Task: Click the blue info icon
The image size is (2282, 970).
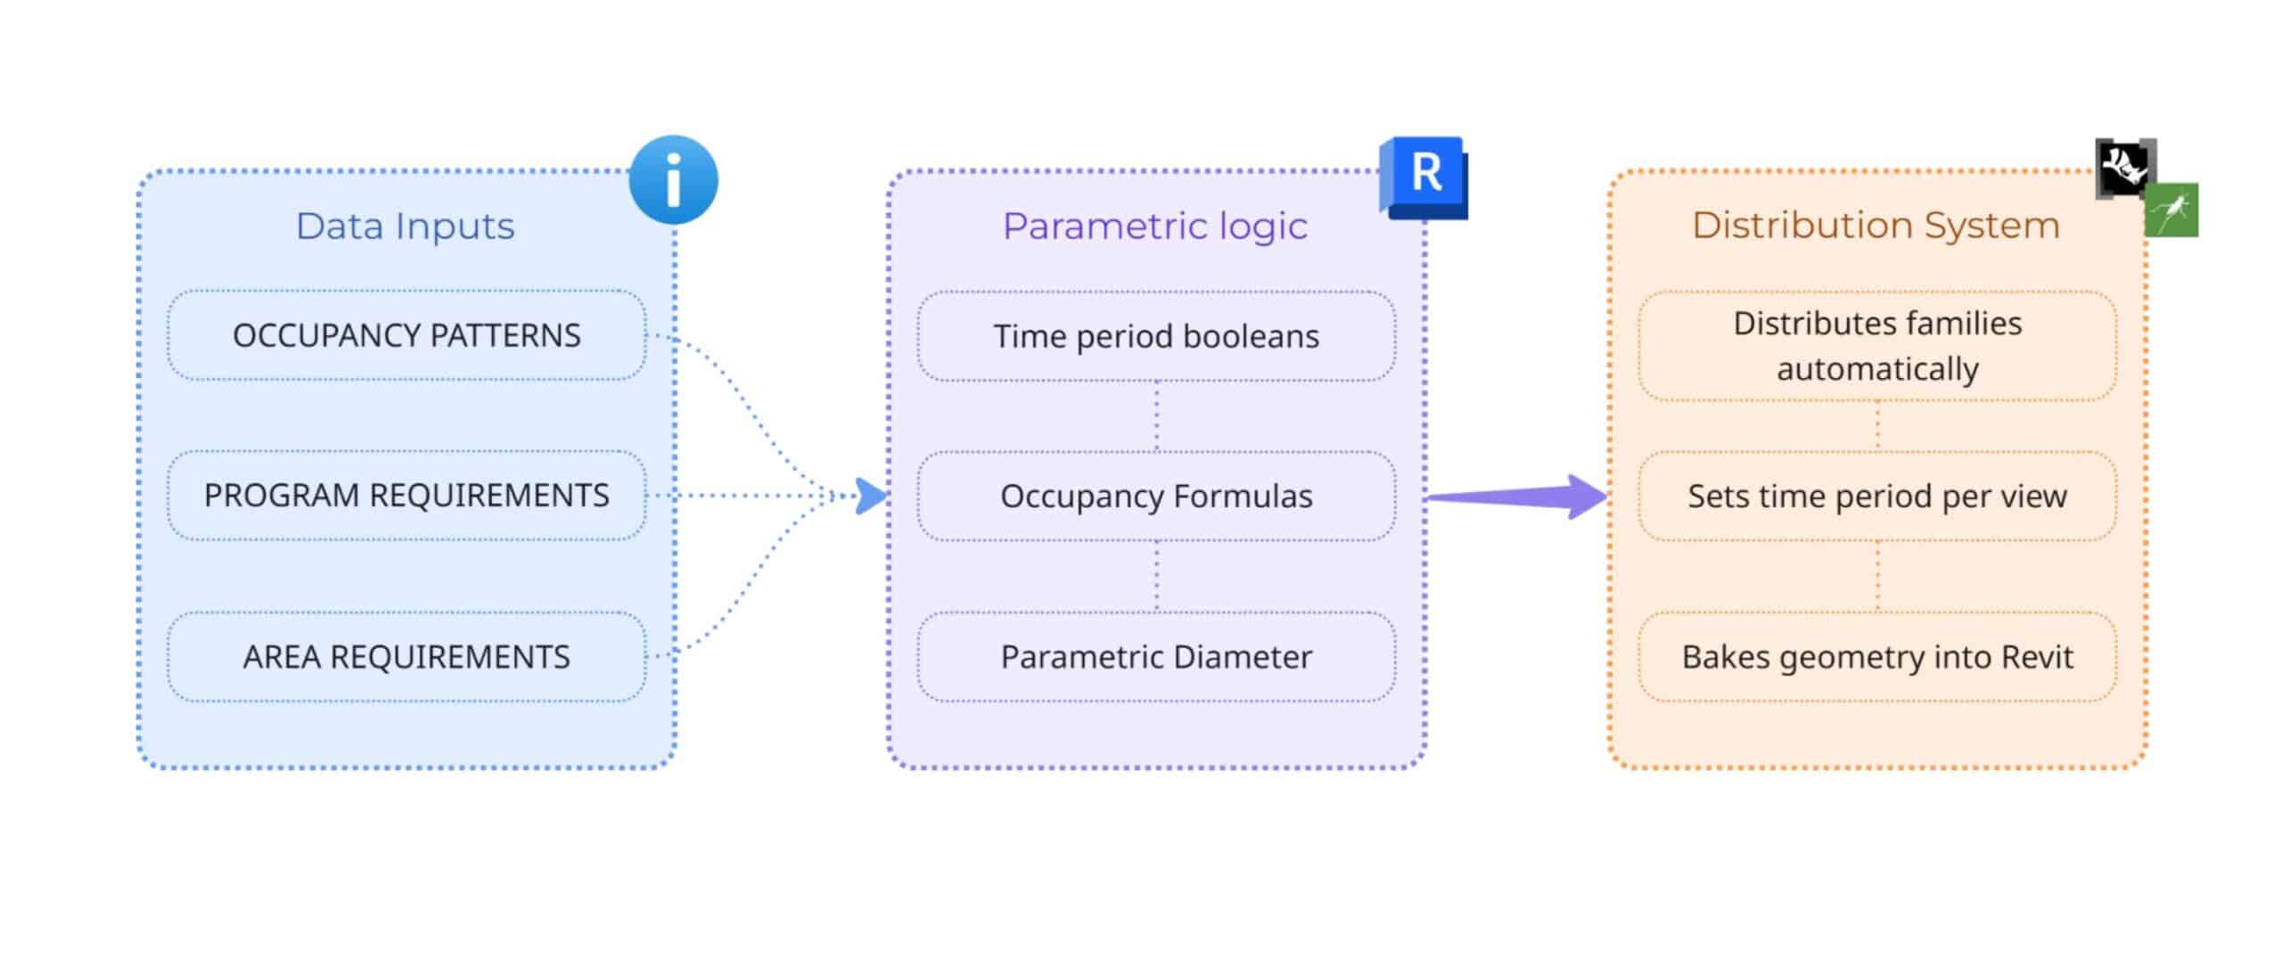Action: click(673, 179)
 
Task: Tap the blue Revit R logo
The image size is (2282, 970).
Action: click(1424, 177)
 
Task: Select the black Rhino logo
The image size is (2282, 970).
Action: click(2124, 168)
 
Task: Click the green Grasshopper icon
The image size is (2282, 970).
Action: click(2171, 210)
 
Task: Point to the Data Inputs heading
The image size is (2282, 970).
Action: click(405, 226)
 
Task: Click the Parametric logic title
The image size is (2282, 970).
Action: click(1154, 226)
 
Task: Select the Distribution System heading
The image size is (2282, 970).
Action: click(1876, 226)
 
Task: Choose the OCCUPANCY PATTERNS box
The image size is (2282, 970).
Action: click(406, 335)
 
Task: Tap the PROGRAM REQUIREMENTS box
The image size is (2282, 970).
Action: click(406, 496)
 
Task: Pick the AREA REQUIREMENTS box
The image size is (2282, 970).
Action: click(406, 657)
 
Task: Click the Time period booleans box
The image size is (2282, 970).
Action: click(1156, 336)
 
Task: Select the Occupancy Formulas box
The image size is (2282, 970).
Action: click(1156, 496)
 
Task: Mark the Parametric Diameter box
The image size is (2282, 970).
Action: click(1156, 657)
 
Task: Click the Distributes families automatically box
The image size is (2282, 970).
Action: click(1877, 346)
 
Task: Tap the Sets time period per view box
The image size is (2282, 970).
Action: click(1877, 496)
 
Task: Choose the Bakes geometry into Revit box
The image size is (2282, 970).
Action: click(1877, 657)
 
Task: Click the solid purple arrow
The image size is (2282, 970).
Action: click(1515, 497)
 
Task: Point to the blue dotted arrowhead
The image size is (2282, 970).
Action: click(870, 496)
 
